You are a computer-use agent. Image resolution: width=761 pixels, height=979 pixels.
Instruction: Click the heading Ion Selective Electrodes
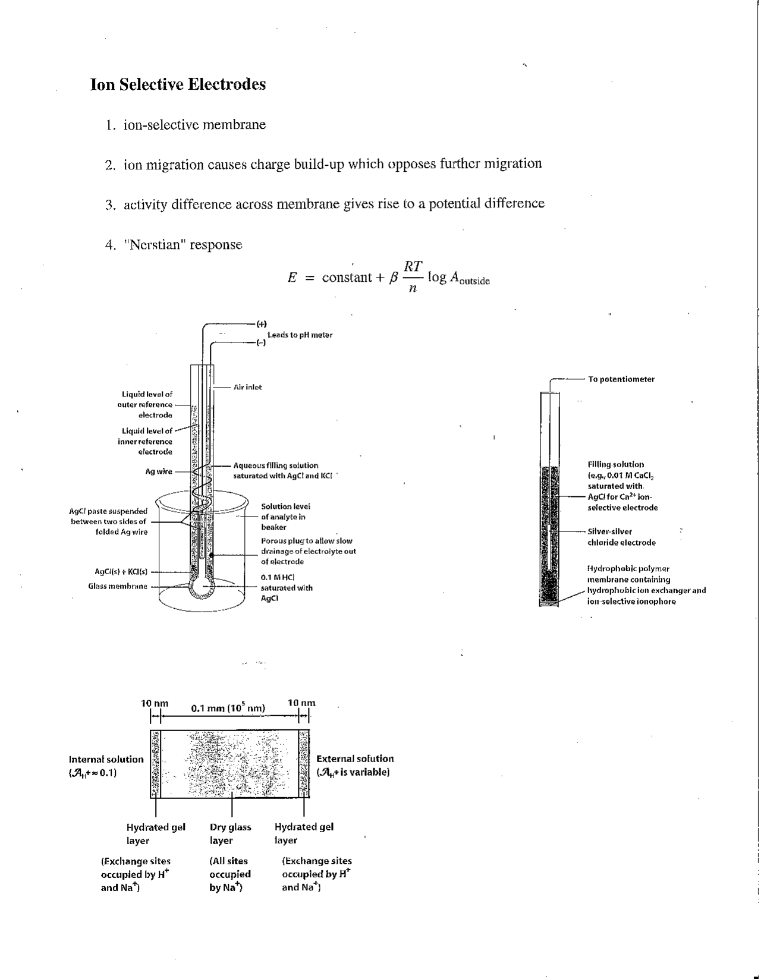178,84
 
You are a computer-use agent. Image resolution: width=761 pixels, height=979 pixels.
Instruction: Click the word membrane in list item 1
234,125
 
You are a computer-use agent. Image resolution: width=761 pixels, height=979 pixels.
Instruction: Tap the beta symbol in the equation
392,278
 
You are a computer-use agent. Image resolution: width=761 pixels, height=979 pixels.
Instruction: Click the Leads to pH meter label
300,335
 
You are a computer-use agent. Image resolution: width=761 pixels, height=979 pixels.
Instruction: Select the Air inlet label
247,387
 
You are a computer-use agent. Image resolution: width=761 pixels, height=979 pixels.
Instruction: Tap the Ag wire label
159,471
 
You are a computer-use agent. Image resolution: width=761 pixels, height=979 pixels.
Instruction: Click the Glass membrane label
118,587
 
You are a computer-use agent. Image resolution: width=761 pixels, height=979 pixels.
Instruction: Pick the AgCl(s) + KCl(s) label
121,572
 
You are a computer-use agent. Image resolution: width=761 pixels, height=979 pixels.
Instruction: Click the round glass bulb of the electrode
201,587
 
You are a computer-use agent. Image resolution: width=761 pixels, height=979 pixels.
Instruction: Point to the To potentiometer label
621,379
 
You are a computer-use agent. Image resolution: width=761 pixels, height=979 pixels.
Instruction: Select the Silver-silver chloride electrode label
621,537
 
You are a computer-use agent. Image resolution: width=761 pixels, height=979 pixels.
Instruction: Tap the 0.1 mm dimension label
228,708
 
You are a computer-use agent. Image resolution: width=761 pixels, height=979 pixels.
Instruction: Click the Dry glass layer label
230,833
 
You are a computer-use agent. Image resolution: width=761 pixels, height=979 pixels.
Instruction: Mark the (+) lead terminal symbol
262,324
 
